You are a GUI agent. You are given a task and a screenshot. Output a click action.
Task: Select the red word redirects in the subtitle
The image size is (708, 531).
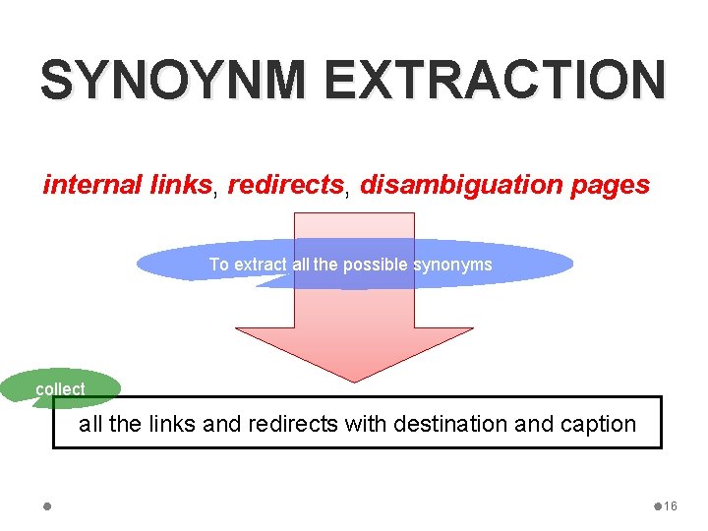pos(286,184)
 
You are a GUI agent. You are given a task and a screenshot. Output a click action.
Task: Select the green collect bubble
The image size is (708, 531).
pos(61,389)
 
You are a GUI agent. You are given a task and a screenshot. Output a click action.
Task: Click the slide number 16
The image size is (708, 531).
pos(671,506)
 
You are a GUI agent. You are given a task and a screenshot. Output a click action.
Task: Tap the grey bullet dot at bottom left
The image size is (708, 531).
pos(48,506)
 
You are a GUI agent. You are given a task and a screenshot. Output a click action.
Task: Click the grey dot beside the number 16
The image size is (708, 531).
pos(657,506)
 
